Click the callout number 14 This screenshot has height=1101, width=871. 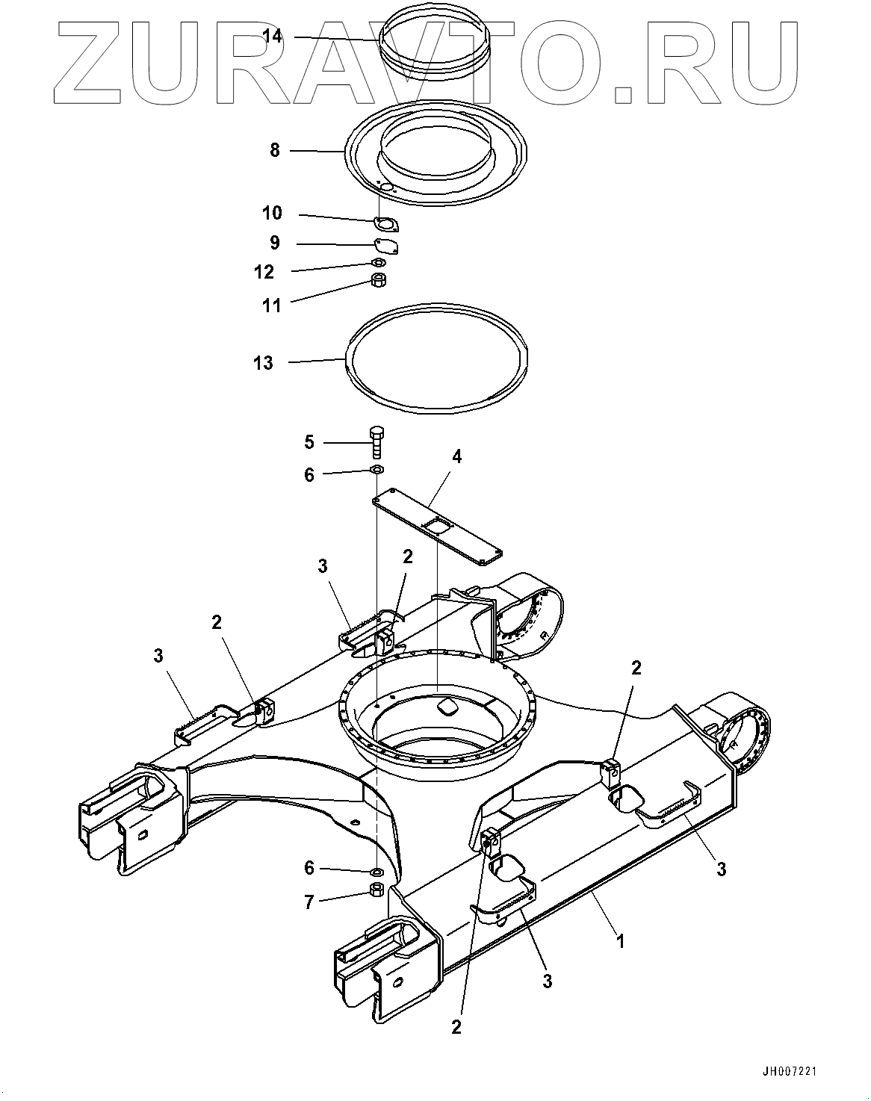point(273,37)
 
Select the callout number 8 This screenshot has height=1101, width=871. point(275,151)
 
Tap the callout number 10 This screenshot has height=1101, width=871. point(273,214)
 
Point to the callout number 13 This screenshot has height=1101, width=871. point(264,363)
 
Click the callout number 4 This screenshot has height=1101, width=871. point(456,456)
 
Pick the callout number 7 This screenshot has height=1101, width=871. point(309,902)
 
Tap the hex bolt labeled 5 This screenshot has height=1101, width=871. point(376,443)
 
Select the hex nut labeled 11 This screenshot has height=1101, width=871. point(379,281)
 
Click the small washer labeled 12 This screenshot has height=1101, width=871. point(379,263)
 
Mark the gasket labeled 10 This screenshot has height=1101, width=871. point(386,223)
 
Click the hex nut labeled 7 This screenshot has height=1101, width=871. point(377,890)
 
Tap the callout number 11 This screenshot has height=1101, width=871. point(273,305)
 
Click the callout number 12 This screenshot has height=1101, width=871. point(264,272)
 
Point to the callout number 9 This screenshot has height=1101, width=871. point(274,243)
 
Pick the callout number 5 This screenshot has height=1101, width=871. point(309,442)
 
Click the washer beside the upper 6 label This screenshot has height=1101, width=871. point(376,469)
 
